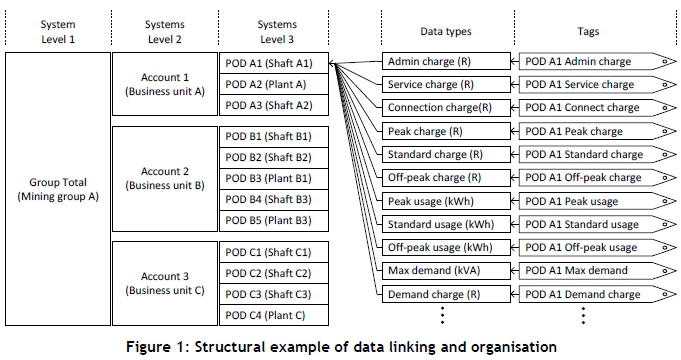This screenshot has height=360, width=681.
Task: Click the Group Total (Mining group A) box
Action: pos(58,189)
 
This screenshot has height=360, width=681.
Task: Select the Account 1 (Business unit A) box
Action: pos(165,84)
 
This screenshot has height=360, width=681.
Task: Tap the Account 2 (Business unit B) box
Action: pos(165,178)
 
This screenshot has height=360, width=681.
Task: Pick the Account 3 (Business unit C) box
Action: pos(165,283)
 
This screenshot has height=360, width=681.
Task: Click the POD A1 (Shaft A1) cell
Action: pos(274,63)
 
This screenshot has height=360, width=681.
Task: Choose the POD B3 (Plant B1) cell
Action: pos(274,178)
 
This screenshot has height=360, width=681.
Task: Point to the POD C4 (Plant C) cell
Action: pos(274,315)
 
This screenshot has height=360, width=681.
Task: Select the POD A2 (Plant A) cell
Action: pos(274,84)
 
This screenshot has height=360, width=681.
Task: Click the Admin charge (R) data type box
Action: pos(446,61)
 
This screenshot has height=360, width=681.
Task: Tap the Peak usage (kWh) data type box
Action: pos(446,201)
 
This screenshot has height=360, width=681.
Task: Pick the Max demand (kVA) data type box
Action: pos(446,271)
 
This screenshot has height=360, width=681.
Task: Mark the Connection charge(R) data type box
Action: pos(446,108)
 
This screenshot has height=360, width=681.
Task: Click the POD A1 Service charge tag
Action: pos(597,85)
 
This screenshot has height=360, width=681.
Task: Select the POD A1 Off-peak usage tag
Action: pos(597,248)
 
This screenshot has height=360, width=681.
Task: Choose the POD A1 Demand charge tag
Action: pos(597,294)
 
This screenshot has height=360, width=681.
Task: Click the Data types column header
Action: pos(446,31)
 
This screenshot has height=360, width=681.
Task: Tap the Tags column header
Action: pos(588,31)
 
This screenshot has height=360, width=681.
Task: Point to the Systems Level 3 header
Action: pos(277,32)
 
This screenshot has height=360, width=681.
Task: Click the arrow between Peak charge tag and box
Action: pos(515,131)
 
